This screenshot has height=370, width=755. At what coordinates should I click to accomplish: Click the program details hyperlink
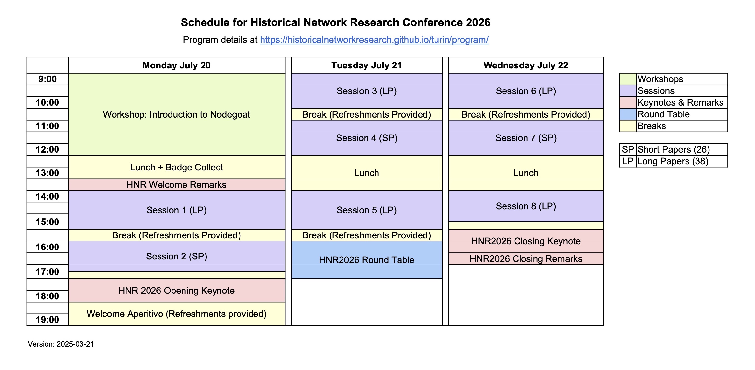tap(374, 40)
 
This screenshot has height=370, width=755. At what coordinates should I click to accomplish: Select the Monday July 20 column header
tap(176, 65)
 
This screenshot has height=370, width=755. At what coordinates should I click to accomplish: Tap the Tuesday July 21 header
tap(367, 65)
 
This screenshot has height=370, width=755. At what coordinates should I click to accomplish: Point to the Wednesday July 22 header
tap(526, 65)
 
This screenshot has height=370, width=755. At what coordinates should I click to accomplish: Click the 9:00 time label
tap(47, 79)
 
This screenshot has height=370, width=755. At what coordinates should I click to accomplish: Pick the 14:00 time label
tap(47, 196)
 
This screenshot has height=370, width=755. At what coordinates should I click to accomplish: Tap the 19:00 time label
tap(47, 320)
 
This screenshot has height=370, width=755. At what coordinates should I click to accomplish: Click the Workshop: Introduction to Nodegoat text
tap(176, 114)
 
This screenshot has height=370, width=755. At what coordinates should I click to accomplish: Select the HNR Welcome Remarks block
tap(176, 185)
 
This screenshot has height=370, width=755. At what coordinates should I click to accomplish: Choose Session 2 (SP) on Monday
tap(176, 256)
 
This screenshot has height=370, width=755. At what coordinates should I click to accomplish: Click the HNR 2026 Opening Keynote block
tap(176, 290)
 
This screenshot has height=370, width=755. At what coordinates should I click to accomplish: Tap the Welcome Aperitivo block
tap(176, 314)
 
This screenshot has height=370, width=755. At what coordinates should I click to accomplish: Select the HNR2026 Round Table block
tap(367, 260)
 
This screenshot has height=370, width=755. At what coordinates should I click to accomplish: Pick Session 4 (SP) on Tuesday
tap(367, 138)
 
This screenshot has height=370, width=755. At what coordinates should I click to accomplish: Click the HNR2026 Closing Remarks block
tap(526, 259)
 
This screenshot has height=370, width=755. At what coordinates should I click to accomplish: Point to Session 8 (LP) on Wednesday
tap(526, 206)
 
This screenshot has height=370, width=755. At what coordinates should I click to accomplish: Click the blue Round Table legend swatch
tap(628, 114)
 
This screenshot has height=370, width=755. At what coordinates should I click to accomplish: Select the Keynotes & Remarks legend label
tap(680, 102)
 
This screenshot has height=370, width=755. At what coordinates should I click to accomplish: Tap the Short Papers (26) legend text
tap(674, 149)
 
